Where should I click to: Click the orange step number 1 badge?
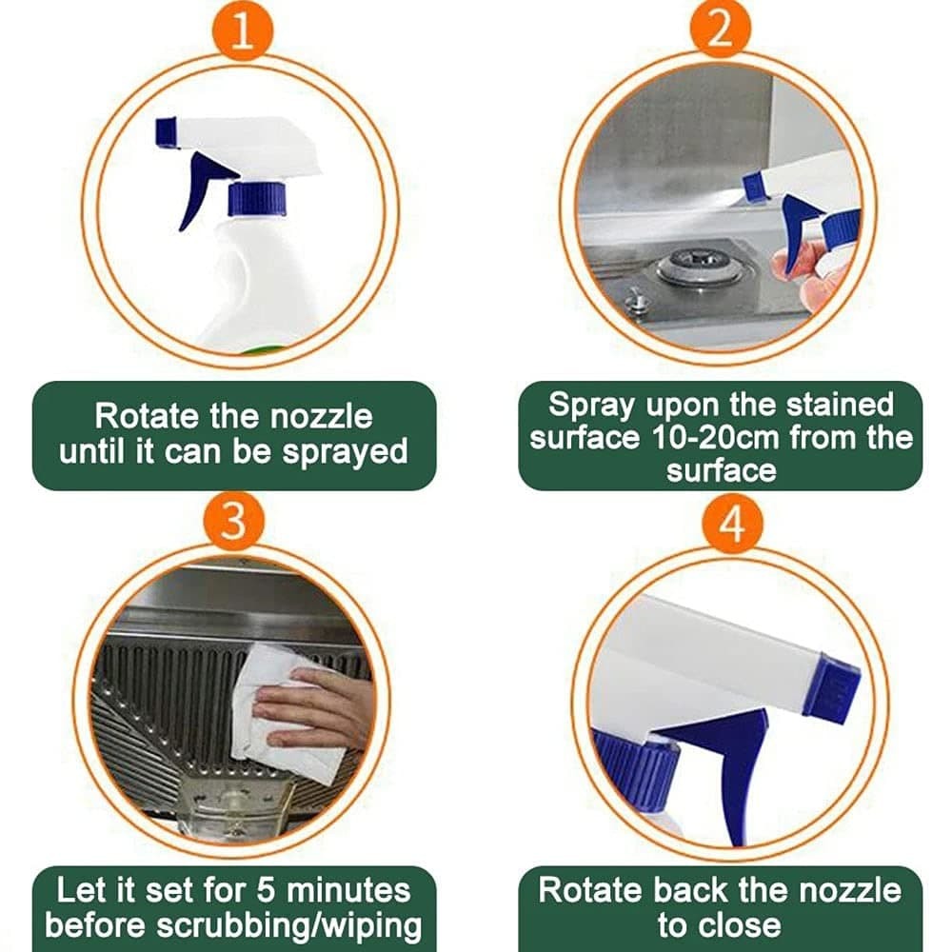(x=241, y=31)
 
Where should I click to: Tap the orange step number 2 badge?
(x=721, y=31)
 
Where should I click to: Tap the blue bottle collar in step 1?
(x=257, y=198)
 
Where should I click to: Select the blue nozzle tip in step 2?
(x=756, y=186)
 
